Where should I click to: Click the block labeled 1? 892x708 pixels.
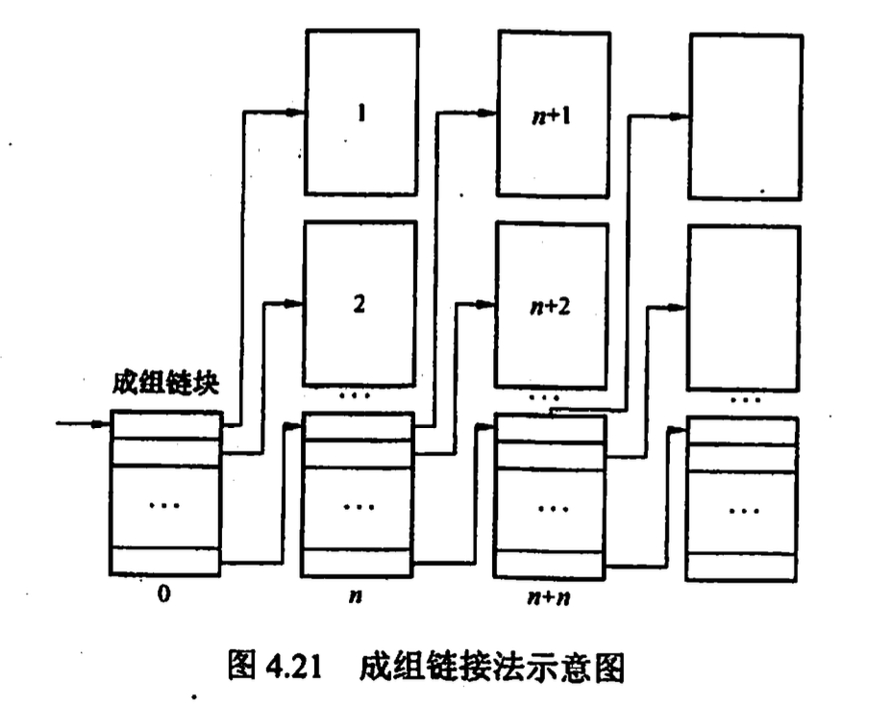click(x=361, y=113)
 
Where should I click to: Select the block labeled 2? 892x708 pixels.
click(x=359, y=302)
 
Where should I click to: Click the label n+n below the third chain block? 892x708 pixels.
click(x=548, y=598)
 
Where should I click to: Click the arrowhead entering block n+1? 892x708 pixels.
click(x=488, y=114)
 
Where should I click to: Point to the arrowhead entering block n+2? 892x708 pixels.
click(x=486, y=305)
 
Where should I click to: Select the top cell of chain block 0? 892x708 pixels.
click(x=165, y=424)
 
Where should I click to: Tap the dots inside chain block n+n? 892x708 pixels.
click(x=552, y=508)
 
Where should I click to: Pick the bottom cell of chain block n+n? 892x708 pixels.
click(x=550, y=565)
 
